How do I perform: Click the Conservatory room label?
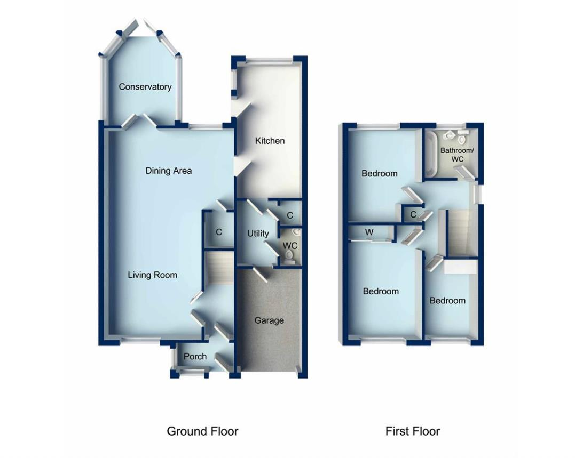[x=145, y=87]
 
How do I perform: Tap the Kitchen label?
[x=270, y=141]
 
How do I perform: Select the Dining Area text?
[x=168, y=171]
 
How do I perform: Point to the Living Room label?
[x=152, y=275]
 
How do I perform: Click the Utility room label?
[x=258, y=234]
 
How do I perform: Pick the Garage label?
[x=269, y=320]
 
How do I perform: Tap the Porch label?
[x=195, y=356]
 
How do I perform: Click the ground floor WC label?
[x=290, y=246]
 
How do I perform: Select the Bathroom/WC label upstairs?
[x=456, y=155]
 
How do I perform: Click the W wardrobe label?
[x=369, y=232]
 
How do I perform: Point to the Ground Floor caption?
[x=202, y=431]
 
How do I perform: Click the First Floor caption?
[x=413, y=431]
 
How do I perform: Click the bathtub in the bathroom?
[x=431, y=155]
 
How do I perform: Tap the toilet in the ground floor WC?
[x=290, y=256]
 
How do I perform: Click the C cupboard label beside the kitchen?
[x=290, y=215]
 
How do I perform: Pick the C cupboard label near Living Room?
[x=219, y=232]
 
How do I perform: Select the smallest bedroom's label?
[x=447, y=300]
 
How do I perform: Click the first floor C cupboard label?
[x=413, y=214]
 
